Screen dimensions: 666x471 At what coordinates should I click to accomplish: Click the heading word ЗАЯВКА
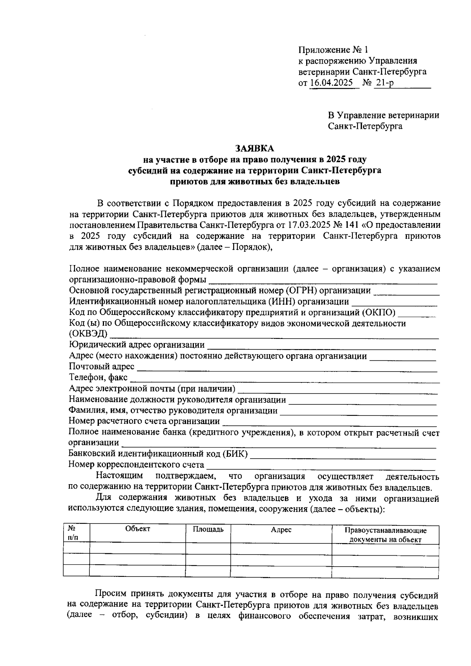tap(255, 148)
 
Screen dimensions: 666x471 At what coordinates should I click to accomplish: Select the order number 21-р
tap(384, 83)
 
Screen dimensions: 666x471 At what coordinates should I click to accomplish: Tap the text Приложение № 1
tap(334, 50)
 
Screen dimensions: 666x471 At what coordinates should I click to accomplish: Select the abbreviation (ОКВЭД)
tap(88, 334)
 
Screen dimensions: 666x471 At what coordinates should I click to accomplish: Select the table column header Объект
tap(138, 529)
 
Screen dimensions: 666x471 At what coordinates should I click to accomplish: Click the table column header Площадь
tap(208, 529)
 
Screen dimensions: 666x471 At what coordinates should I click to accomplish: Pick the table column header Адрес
tap(281, 530)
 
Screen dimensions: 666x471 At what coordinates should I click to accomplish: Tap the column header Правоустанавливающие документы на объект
tap(385, 534)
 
